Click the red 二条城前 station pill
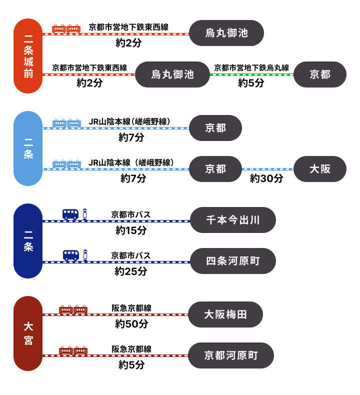(x=28, y=56)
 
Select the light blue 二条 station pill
(x=28, y=148)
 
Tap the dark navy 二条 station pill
(x=28, y=241)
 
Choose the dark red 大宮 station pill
(x=28, y=333)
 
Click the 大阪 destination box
(x=320, y=169)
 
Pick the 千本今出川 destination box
(x=233, y=220)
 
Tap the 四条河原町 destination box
(x=233, y=261)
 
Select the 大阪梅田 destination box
(x=225, y=314)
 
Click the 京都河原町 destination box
(x=231, y=355)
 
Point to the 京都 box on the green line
(x=320, y=74)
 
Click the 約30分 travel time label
(x=266, y=178)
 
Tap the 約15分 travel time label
(x=131, y=230)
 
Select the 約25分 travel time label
(x=131, y=271)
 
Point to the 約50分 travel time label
(x=131, y=324)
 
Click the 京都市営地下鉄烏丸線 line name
(x=251, y=68)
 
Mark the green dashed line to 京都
(x=251, y=74)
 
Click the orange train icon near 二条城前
(x=66, y=28)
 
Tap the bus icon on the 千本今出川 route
(x=70, y=214)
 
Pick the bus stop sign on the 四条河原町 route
(x=85, y=255)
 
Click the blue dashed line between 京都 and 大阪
(x=267, y=169)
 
